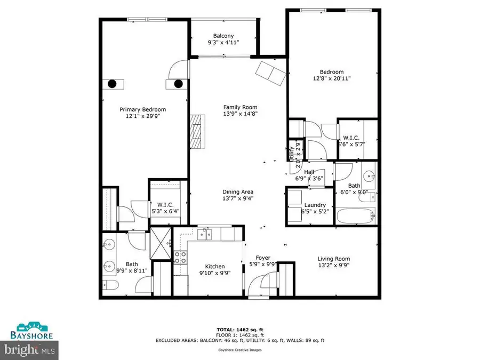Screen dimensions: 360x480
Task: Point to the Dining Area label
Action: click(x=238, y=191)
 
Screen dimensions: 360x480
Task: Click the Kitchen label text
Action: click(x=215, y=267)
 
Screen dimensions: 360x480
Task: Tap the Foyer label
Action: click(x=263, y=257)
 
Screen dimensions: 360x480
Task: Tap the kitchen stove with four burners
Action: click(x=180, y=257)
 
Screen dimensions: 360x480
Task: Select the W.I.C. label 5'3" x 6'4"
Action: click(x=164, y=207)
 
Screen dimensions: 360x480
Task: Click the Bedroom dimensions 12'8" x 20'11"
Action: click(x=332, y=78)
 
